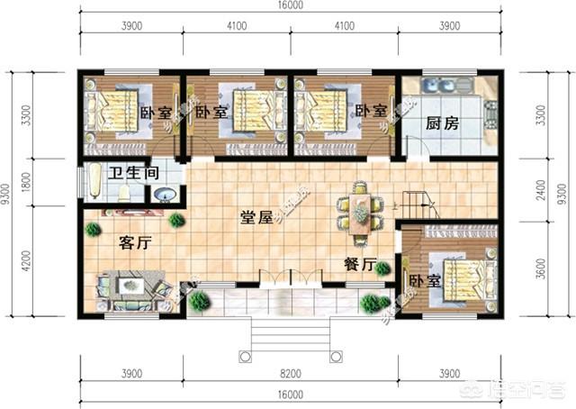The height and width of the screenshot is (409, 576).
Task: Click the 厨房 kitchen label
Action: coord(443,124)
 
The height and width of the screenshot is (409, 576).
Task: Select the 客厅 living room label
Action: coord(133,241)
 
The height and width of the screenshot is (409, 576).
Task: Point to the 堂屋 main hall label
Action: coord(257,217)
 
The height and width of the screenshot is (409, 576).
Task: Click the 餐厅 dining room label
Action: coord(360,263)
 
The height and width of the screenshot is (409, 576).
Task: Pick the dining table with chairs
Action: coord(357,213)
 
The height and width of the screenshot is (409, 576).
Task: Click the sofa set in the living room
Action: coord(130,289)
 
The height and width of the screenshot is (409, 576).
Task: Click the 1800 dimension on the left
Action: coord(26,181)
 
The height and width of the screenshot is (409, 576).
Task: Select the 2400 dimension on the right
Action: coord(541,191)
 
